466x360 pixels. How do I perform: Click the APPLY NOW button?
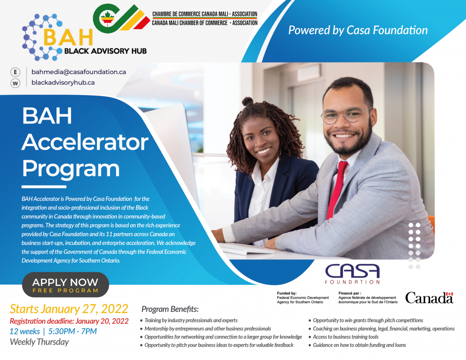click(66, 284)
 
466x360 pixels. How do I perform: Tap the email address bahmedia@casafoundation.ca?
click(79, 72)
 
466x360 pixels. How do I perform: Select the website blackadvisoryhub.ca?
click(63, 82)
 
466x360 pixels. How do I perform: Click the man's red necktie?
click(337, 190)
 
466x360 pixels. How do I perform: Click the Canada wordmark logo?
click(430, 298)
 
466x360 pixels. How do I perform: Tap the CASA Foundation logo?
click(353, 274)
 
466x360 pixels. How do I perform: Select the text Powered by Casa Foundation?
click(358, 30)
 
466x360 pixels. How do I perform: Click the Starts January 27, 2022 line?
click(69, 309)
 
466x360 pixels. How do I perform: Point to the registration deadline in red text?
click(69, 321)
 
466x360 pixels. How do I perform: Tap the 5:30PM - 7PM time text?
click(72, 331)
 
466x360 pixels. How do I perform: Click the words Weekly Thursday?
click(39, 342)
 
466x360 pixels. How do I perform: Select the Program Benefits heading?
click(170, 309)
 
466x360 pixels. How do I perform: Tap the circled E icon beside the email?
click(15, 72)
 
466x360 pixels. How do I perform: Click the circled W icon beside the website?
click(15, 83)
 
